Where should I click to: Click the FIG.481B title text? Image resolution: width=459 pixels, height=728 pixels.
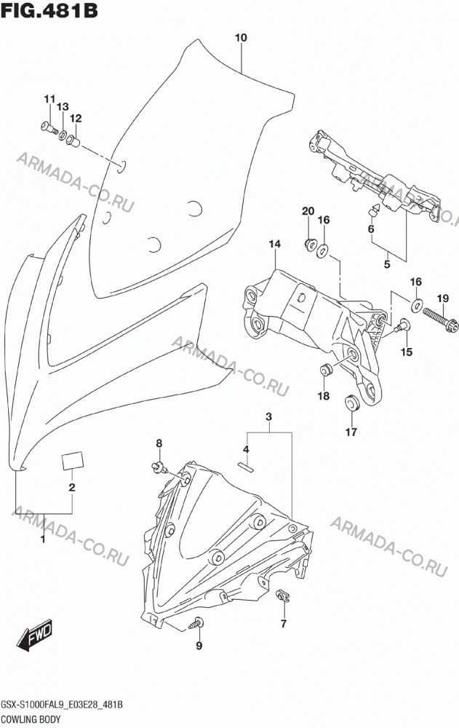[x=49, y=10]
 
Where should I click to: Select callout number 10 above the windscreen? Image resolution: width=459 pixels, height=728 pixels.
[x=241, y=38]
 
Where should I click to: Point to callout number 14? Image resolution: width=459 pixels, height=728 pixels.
[x=274, y=244]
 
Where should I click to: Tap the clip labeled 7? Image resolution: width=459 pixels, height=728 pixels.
[x=282, y=596]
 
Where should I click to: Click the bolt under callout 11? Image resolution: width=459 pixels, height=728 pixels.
[x=48, y=127]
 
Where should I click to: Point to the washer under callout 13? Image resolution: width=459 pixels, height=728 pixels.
[x=62, y=134]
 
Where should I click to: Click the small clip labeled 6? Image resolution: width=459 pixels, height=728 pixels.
[x=375, y=210]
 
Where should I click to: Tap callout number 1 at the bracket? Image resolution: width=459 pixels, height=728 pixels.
[x=43, y=539]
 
